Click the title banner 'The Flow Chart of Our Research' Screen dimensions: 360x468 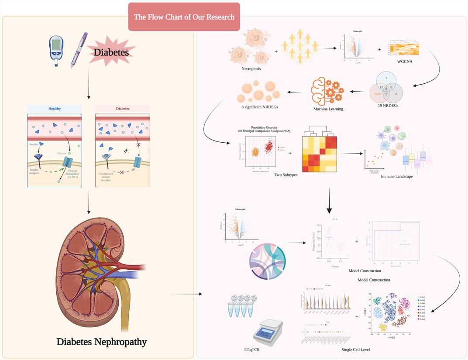click(184, 17)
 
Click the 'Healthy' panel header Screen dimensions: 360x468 click(54, 109)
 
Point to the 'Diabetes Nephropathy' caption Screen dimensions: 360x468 click(102, 341)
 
